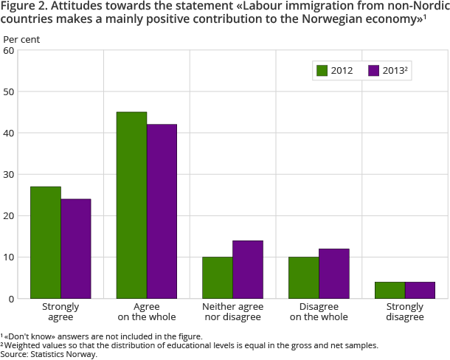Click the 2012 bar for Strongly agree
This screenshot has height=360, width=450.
pyautogui.click(x=46, y=243)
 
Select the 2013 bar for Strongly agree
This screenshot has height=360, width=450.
pyautogui.click(x=76, y=249)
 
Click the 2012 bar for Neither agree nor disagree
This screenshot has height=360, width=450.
pyautogui.click(x=218, y=277)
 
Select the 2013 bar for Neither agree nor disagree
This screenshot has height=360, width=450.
pyautogui.click(x=248, y=269)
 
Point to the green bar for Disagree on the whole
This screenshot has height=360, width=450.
pyautogui.click(x=304, y=277)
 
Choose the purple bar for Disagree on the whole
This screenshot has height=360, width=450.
pyautogui.click(x=334, y=274)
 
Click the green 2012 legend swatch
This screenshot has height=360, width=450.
pyautogui.click(x=322, y=71)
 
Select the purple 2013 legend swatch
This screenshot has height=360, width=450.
pyautogui.click(x=373, y=71)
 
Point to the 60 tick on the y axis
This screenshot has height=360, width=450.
pyautogui.click(x=9, y=50)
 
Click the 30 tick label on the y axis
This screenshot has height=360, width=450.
pyautogui.click(x=9, y=175)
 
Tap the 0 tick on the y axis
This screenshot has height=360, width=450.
pyautogui.click(x=11, y=299)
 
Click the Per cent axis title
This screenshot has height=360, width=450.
pyautogui.click(x=22, y=38)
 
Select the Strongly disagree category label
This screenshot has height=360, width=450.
pyautogui.click(x=405, y=311)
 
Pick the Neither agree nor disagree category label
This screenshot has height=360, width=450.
pyautogui.click(x=232, y=311)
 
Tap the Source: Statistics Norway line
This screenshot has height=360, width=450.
pyautogui.click(x=49, y=354)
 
